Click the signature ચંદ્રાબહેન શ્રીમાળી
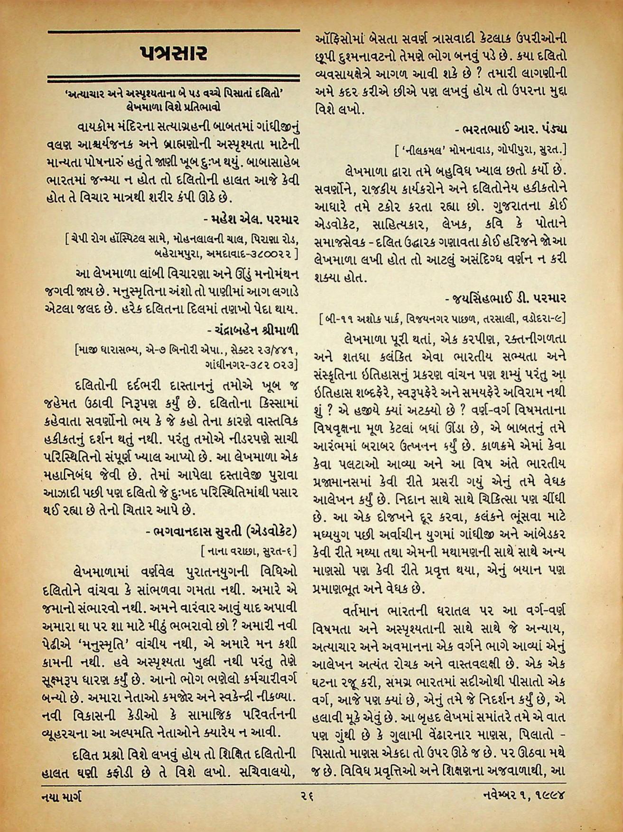[252, 328]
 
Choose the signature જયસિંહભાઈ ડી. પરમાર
[506, 298]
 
